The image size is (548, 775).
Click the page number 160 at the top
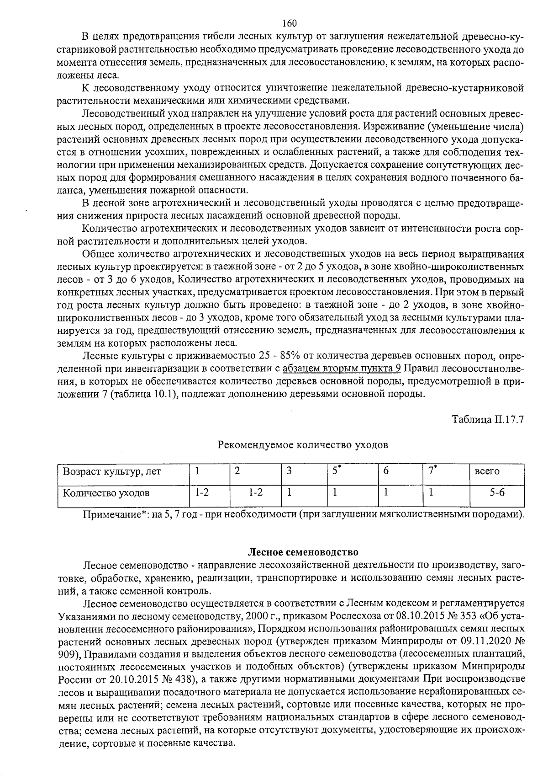(x=290, y=23)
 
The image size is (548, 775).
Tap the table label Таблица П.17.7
(x=487, y=419)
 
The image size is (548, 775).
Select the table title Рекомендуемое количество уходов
(x=303, y=444)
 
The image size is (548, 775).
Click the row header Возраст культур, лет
(x=112, y=471)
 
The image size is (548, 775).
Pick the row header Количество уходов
(x=106, y=493)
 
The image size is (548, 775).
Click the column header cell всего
(x=487, y=471)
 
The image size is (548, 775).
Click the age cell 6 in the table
(x=386, y=471)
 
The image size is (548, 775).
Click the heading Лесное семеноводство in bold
(x=303, y=552)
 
